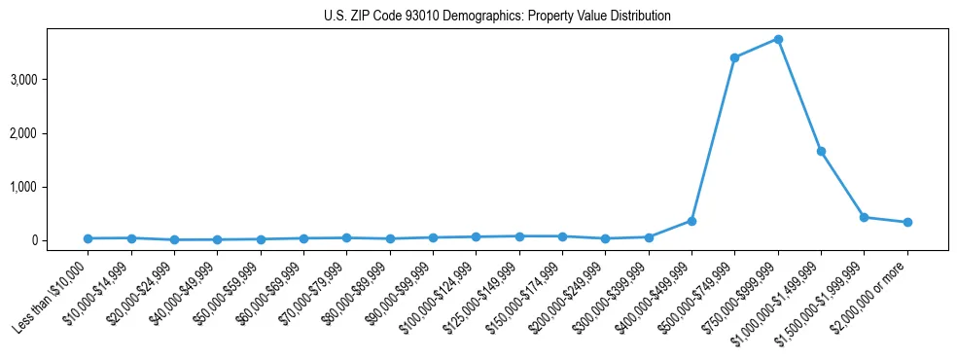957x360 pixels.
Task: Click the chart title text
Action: pos(497,17)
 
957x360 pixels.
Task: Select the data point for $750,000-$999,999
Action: pos(778,39)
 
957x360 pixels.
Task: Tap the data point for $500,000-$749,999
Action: pos(734,57)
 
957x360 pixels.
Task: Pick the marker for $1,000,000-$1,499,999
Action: pos(821,151)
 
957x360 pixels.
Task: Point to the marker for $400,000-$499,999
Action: pos(691,221)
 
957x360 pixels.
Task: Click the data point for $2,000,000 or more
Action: pos(907,222)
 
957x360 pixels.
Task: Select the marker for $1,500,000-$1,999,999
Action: pos(864,217)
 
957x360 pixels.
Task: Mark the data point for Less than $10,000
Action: pos(88,238)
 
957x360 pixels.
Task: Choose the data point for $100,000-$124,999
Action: pos(476,236)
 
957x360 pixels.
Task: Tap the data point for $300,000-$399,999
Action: pos(649,236)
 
